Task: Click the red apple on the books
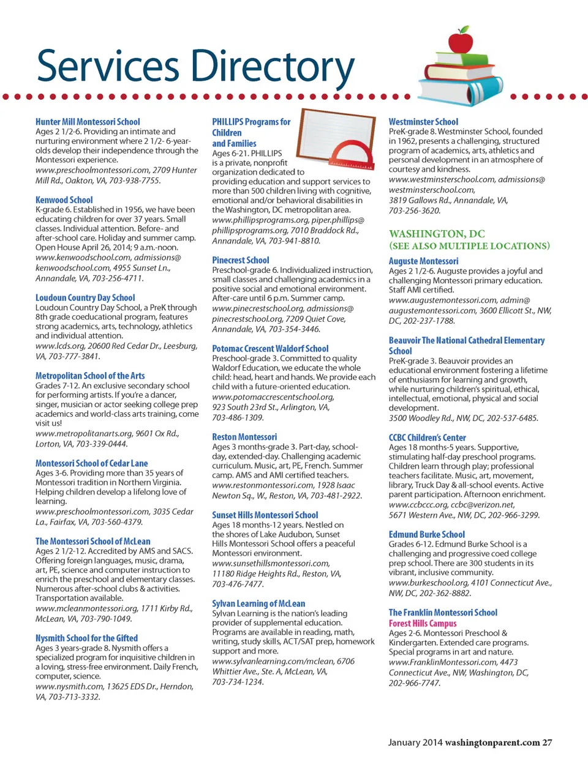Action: pyautogui.click(x=461, y=41)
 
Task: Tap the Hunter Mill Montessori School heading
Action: pyautogui.click(x=88, y=122)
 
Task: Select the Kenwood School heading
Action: pyautogui.click(x=64, y=200)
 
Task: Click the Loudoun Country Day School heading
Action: pyautogui.click(x=85, y=298)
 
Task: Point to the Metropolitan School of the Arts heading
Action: pyautogui.click(x=90, y=376)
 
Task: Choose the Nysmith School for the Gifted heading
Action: pyautogui.click(x=86, y=638)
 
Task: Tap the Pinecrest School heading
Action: pyautogui.click(x=241, y=260)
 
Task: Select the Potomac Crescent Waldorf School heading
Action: pyautogui.click(x=270, y=348)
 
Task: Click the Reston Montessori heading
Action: pyautogui.click(x=244, y=437)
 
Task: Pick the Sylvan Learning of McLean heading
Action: pyautogui.click(x=258, y=603)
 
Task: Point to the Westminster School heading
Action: pyautogui.click(x=423, y=122)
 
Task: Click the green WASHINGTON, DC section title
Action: pyautogui.click(x=437, y=234)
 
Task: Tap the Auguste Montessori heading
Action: pyautogui.click(x=423, y=261)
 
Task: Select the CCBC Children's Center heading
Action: pyautogui.click(x=427, y=437)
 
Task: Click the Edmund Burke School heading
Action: pyautogui.click(x=427, y=534)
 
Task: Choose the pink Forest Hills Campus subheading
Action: pyautogui.click(x=423, y=623)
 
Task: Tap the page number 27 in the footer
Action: pyautogui.click(x=547, y=743)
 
